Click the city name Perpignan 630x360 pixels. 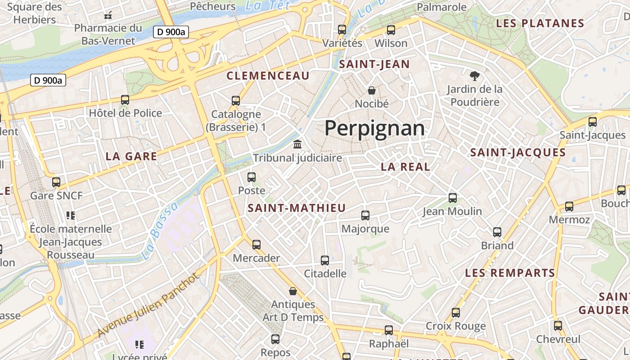pos(374,129)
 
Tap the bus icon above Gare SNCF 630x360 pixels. pos(56,182)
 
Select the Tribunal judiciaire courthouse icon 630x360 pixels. pos(297,144)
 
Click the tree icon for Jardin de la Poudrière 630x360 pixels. pos(474,76)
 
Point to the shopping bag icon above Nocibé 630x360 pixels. pos(372,90)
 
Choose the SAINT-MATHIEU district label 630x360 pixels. pos(297,208)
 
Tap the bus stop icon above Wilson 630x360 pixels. pos(391,30)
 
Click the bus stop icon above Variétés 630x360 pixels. pos(342,30)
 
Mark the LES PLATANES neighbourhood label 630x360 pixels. pos(540,23)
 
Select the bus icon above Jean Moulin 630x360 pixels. pos(453,198)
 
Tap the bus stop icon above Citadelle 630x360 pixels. pos(325,260)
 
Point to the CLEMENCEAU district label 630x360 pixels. pos(268,76)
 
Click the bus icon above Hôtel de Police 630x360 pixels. pos(125,100)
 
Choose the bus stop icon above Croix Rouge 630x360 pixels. pos(456,312)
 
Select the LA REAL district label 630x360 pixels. pos(405,166)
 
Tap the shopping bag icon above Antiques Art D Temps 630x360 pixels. pos(293,291)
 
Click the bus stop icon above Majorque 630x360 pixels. pos(365,216)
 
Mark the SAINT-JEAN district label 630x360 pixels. pos(374,64)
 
